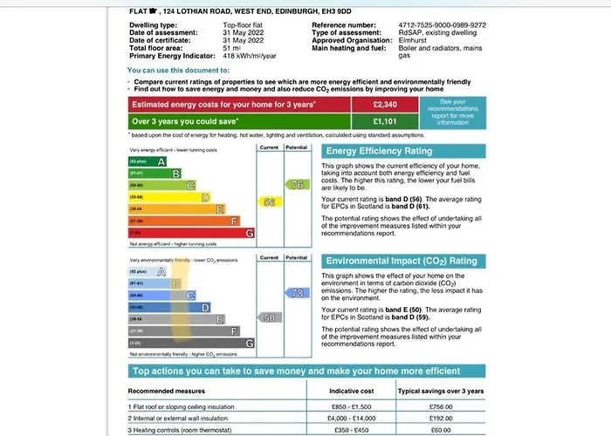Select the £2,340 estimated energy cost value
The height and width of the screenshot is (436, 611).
(x=385, y=104)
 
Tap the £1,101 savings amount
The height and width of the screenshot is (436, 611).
(x=385, y=121)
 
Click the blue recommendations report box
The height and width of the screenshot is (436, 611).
(x=453, y=112)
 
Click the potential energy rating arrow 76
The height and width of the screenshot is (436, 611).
(x=296, y=185)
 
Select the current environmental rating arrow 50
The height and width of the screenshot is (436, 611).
(x=270, y=318)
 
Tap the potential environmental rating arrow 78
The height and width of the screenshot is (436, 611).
(x=296, y=293)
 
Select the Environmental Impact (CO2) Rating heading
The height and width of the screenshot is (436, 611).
(x=401, y=261)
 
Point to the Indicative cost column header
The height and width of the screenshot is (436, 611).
(x=353, y=392)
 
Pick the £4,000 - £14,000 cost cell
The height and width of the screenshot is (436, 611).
(x=353, y=418)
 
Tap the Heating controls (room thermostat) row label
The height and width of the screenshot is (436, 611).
(x=184, y=430)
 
